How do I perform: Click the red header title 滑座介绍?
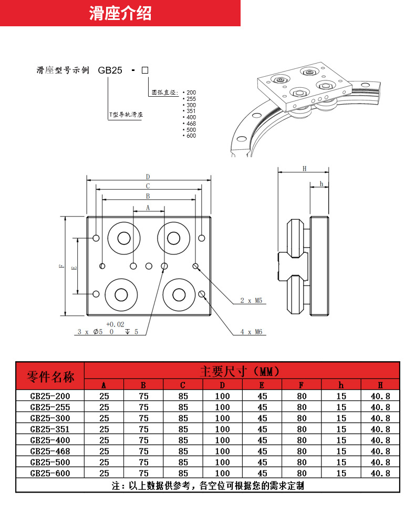coord(120,14)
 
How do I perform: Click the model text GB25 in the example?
coord(110,70)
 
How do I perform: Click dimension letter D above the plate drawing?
coord(148,177)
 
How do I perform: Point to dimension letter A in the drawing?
coord(148,208)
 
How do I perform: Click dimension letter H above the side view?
coord(304,169)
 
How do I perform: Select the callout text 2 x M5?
coord(251,301)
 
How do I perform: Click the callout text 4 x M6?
coord(251,332)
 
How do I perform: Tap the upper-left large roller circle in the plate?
coord(124,238)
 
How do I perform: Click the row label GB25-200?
coord(50,396)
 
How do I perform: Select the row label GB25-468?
coord(50,451)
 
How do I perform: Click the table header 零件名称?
coord(50,377)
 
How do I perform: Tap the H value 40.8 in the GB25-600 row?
coord(380,473)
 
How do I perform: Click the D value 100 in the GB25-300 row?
coord(222,418)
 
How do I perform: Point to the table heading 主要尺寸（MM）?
coord(242,371)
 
